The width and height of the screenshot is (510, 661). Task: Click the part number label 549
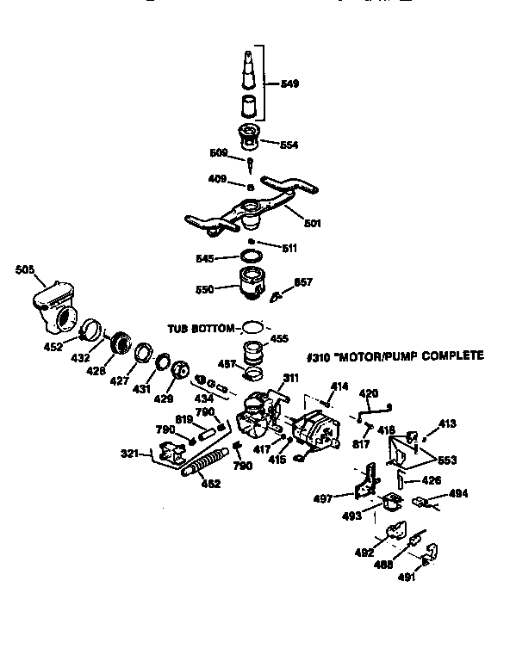291,84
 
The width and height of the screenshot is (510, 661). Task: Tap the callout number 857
303,281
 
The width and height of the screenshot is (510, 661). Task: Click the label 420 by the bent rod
369,393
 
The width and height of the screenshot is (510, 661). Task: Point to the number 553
446,460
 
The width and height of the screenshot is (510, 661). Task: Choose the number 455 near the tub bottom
281,339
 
